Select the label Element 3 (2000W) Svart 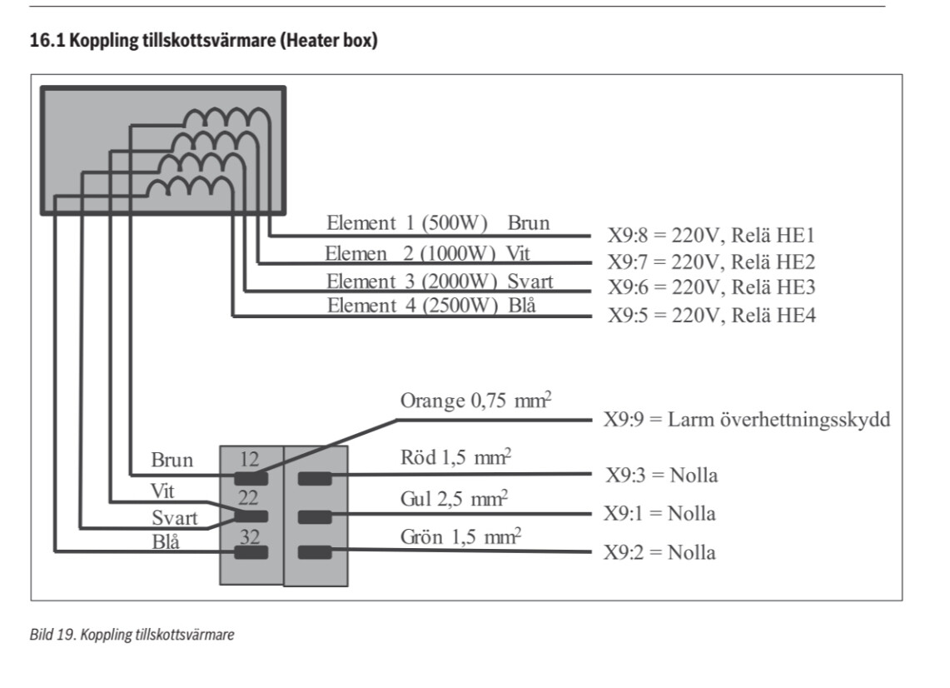pos(440,281)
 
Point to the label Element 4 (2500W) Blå pos(430,305)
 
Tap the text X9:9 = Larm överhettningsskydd pos(746,419)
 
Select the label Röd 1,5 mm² pos(455,460)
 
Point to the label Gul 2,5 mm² pos(455,499)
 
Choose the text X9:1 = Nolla pos(659,514)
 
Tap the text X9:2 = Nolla pos(659,552)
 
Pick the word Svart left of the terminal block pos(175,518)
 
